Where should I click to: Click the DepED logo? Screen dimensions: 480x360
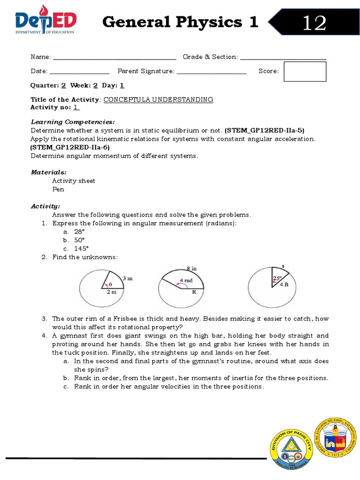click(x=45, y=22)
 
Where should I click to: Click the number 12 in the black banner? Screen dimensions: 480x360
click(x=314, y=22)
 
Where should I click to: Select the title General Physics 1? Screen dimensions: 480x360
click(x=180, y=22)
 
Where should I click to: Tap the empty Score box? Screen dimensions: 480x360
click(x=305, y=71)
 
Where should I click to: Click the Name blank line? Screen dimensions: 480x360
click(x=115, y=58)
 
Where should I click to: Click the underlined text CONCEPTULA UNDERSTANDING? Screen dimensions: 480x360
click(x=158, y=99)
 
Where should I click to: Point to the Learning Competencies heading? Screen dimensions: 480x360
click(x=72, y=121)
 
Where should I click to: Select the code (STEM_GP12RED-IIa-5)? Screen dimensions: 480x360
click(x=267, y=130)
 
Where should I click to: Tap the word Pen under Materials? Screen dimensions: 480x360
click(x=58, y=189)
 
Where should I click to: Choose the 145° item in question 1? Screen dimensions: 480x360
click(x=81, y=248)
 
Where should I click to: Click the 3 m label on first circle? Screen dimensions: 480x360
click(x=127, y=278)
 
